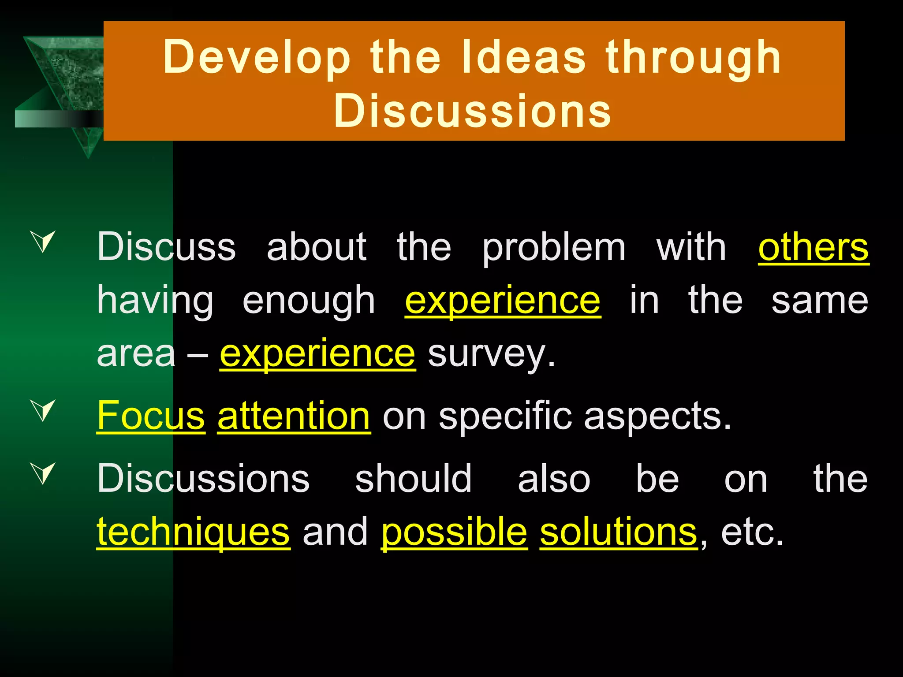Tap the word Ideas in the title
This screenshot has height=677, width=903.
(x=524, y=57)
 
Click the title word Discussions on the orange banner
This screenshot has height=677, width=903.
(x=473, y=111)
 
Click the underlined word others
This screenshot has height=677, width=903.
(x=813, y=247)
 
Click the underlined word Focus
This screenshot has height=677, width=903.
(x=151, y=416)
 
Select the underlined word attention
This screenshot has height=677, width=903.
(x=294, y=416)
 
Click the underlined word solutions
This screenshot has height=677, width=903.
(x=619, y=532)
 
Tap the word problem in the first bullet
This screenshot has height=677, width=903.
(x=554, y=248)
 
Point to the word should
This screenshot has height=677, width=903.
(x=414, y=479)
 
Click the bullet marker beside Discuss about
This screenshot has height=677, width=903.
(x=44, y=241)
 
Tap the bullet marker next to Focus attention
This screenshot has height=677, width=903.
(x=44, y=409)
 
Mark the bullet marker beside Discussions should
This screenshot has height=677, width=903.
(x=44, y=472)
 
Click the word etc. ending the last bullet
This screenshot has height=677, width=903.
(x=752, y=532)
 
